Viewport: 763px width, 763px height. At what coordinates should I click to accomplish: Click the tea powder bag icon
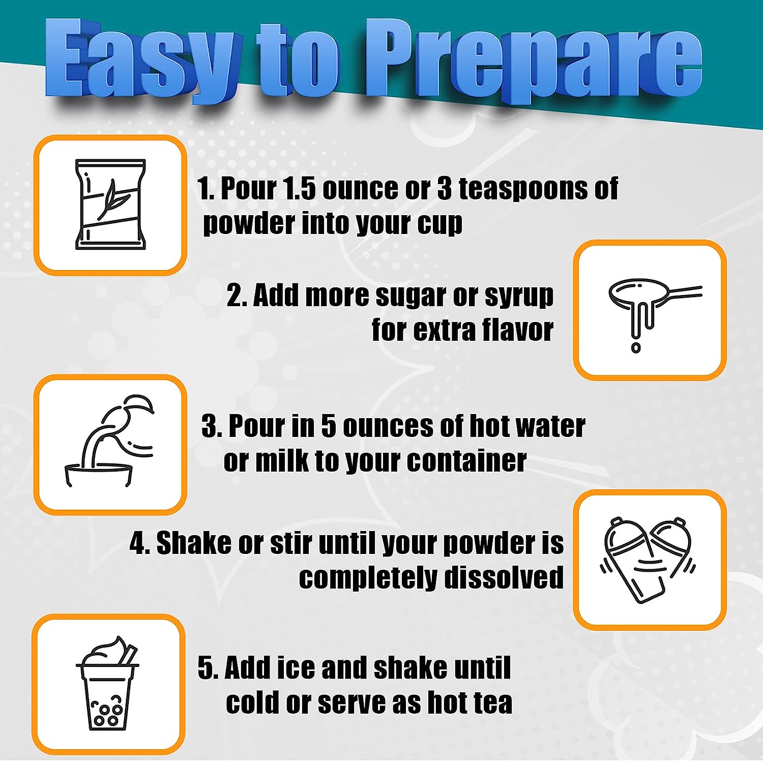[x=110, y=204]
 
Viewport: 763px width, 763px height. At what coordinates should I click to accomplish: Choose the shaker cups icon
[x=648, y=560]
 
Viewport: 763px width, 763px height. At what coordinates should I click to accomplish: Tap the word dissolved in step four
[x=504, y=577]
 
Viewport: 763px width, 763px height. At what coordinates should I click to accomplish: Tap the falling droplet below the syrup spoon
[x=636, y=348]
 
